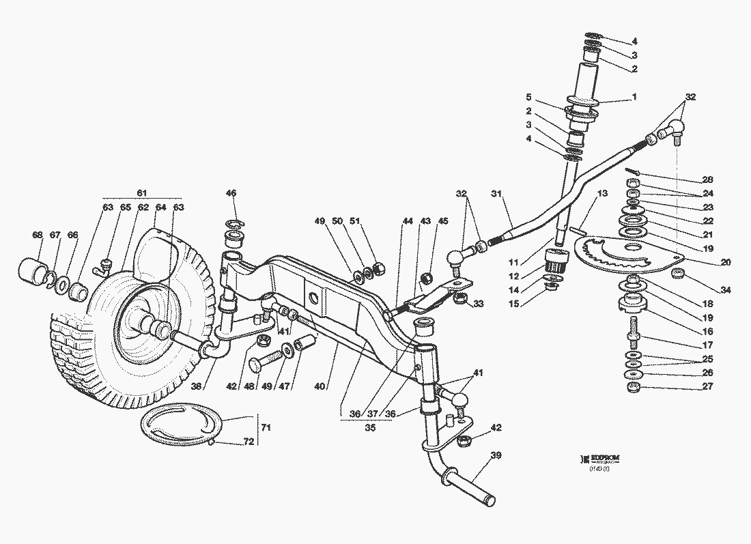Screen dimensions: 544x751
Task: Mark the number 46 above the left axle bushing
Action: [x=231, y=194]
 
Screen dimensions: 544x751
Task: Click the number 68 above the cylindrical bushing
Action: [x=38, y=235]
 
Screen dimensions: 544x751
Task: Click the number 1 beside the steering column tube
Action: [x=634, y=98]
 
